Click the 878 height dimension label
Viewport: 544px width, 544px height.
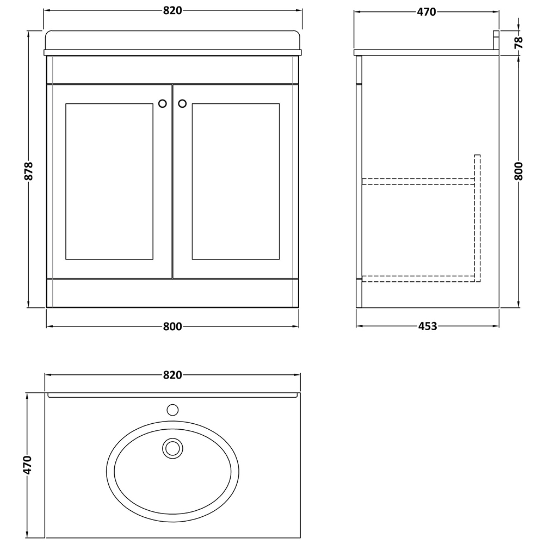point(29,171)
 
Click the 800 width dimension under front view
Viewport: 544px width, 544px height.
point(172,326)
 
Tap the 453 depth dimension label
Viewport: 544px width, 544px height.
point(428,326)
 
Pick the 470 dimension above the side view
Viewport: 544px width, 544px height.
point(426,11)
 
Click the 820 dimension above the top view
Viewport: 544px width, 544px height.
point(172,375)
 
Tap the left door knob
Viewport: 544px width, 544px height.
point(162,103)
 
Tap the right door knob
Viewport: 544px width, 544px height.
point(182,103)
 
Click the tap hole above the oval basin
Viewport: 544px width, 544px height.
point(172,410)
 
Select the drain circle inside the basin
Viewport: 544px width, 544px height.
point(172,448)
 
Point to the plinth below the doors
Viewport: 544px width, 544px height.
point(172,293)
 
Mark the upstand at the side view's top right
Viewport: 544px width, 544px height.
point(496,40)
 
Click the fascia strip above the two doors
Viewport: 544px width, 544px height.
point(172,70)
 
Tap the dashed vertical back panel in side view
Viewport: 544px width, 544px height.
point(478,218)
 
